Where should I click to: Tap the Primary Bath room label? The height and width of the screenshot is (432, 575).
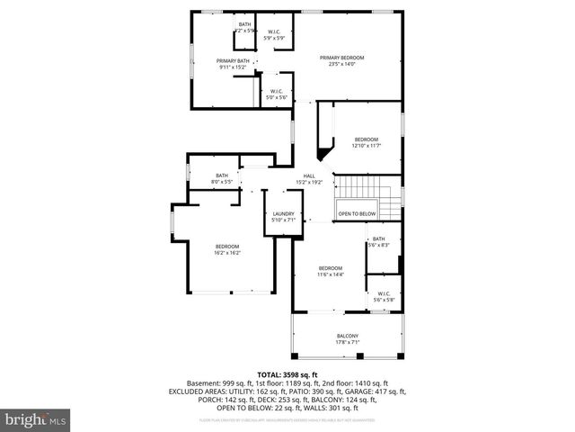[x=233, y=63]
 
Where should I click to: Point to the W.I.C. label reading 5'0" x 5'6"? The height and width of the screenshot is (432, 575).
[x=276, y=93]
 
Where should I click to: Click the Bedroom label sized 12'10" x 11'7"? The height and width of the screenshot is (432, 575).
[x=366, y=141]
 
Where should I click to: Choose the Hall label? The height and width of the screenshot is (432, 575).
[x=309, y=178]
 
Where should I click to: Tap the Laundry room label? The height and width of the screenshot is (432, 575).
[x=284, y=216]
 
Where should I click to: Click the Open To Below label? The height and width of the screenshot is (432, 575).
[x=357, y=213]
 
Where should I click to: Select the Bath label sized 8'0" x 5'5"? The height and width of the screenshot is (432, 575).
[x=222, y=178]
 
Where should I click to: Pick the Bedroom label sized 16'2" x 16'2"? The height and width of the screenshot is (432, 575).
[x=226, y=249]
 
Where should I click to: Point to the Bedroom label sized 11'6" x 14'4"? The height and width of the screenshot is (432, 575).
[x=331, y=271]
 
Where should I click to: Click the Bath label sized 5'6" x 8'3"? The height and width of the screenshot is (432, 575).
[x=379, y=241]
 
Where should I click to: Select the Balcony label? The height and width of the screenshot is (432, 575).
[x=348, y=338]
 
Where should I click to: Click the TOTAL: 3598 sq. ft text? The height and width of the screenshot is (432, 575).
[x=287, y=374]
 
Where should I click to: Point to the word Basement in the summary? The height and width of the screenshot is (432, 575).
[x=204, y=383]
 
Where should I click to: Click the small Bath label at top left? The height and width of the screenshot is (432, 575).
[x=245, y=26]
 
